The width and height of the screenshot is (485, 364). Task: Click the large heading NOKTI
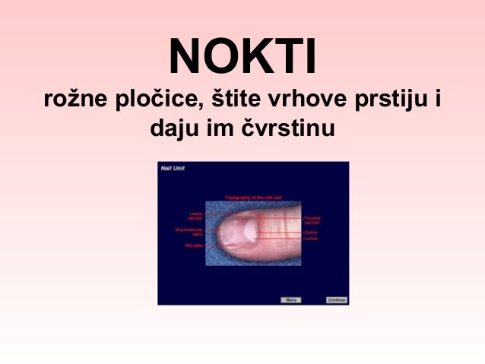click(x=242, y=57)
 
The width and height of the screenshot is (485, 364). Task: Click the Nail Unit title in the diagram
click(x=173, y=168)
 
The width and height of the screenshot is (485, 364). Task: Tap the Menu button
click(x=290, y=299)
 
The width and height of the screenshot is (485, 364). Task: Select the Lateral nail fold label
click(x=195, y=217)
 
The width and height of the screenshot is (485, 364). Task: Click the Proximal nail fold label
click(x=312, y=220)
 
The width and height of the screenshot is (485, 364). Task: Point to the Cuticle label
click(x=311, y=232)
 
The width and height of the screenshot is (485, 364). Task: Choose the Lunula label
click(x=311, y=239)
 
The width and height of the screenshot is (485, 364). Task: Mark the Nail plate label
click(x=192, y=245)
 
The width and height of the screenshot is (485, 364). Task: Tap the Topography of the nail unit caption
click(x=254, y=197)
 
